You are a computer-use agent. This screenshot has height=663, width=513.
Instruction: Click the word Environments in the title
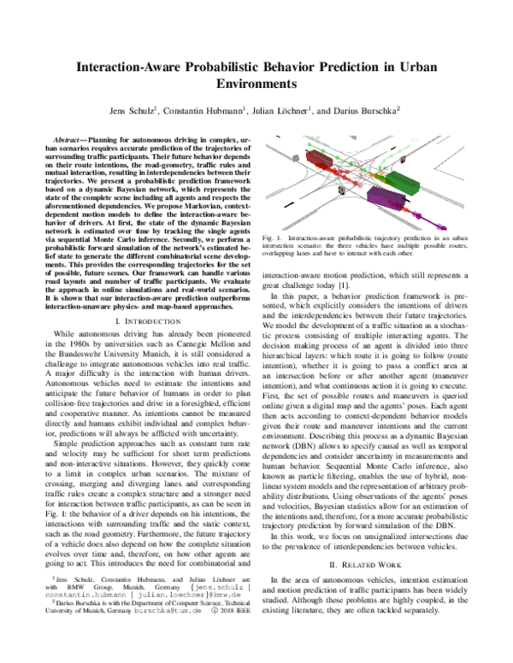[256, 85]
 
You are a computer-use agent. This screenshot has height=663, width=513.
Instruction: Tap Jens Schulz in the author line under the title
[131, 110]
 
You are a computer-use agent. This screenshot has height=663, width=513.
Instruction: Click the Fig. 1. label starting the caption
[272, 235]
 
